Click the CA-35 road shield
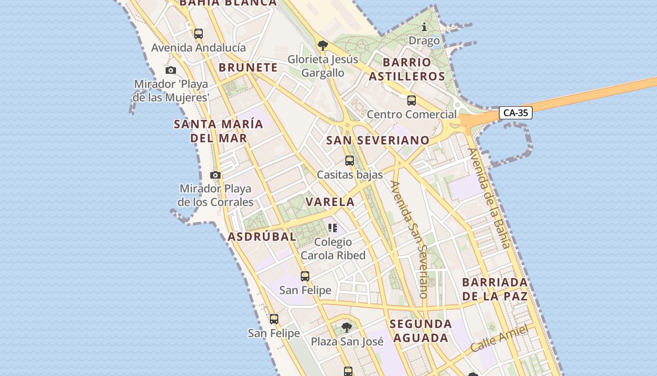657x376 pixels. (x=515, y=113)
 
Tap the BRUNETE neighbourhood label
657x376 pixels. (x=248, y=67)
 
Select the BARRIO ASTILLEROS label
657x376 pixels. (x=407, y=69)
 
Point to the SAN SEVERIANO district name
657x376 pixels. (x=378, y=140)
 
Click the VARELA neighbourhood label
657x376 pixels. (x=330, y=202)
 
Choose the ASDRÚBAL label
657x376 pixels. (x=262, y=236)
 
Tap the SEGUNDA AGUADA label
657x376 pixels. (x=421, y=330)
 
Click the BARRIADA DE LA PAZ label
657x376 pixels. (x=495, y=289)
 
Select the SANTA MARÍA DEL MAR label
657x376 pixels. (x=219, y=131)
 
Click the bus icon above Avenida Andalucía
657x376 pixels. (x=199, y=34)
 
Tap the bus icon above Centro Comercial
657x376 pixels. (x=412, y=101)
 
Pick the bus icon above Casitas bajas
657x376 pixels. (x=350, y=161)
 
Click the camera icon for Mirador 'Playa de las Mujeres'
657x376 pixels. (x=171, y=70)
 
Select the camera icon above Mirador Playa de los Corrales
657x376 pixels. (x=215, y=175)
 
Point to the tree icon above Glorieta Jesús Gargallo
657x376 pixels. (x=322, y=46)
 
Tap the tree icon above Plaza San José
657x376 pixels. (x=347, y=327)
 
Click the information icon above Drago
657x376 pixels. (x=424, y=27)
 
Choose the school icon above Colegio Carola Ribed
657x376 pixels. (x=333, y=228)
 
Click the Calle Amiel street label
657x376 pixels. (x=499, y=338)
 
